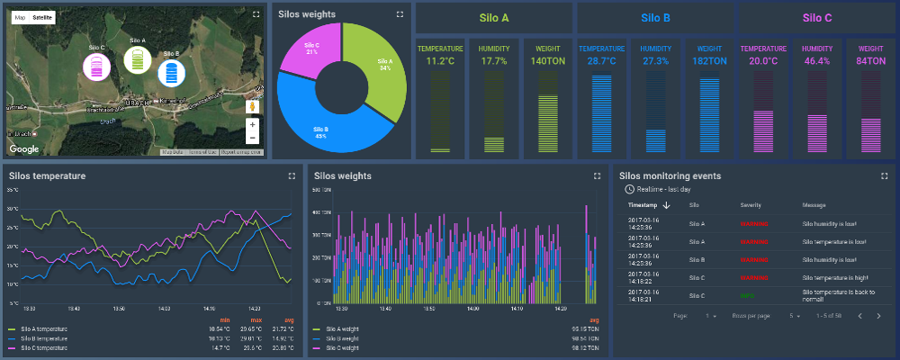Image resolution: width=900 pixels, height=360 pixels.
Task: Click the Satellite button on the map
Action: pos(42,17)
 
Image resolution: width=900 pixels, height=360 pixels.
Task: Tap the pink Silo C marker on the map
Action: pos(96,65)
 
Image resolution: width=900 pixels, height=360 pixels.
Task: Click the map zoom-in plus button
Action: pos(252,124)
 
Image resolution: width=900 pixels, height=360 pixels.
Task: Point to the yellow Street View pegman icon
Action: pos(252,105)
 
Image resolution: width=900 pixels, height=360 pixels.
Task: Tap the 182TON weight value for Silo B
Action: pos(707,61)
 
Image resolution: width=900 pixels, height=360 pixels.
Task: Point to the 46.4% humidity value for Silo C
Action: pos(816,61)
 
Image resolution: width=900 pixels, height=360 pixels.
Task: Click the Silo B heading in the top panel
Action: pos(655,17)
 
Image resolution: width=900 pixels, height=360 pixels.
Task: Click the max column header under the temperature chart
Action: pos(256,319)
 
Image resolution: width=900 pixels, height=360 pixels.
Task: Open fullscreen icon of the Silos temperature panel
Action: pos(291,176)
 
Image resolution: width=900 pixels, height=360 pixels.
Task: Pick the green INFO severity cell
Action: pos(747,294)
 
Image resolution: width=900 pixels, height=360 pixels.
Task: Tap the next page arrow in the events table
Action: pos(878,316)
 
